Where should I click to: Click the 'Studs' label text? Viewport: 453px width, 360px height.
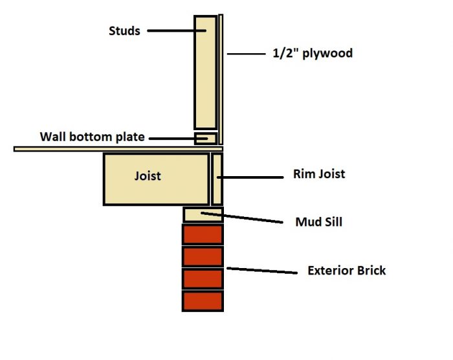(124, 30)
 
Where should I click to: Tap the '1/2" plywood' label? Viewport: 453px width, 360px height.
(313, 54)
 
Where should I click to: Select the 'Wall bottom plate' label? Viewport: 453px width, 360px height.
(92, 137)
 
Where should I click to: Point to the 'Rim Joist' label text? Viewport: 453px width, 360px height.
(318, 174)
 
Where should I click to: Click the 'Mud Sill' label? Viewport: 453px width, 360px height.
(318, 222)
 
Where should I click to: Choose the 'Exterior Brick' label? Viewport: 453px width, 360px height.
(346, 270)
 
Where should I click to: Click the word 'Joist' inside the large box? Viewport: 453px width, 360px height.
(148, 175)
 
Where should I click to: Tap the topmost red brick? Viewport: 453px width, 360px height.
(203, 234)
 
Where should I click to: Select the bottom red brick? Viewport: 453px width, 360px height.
(203, 301)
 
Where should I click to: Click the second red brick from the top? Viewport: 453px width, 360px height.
(203, 256)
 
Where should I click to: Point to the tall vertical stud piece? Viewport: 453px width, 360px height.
(205, 71)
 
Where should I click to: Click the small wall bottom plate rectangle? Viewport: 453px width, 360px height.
(206, 139)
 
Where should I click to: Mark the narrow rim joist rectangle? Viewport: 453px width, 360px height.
(217, 179)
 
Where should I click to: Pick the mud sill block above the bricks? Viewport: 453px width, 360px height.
(203, 214)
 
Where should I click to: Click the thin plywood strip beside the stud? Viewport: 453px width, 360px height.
(221, 78)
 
